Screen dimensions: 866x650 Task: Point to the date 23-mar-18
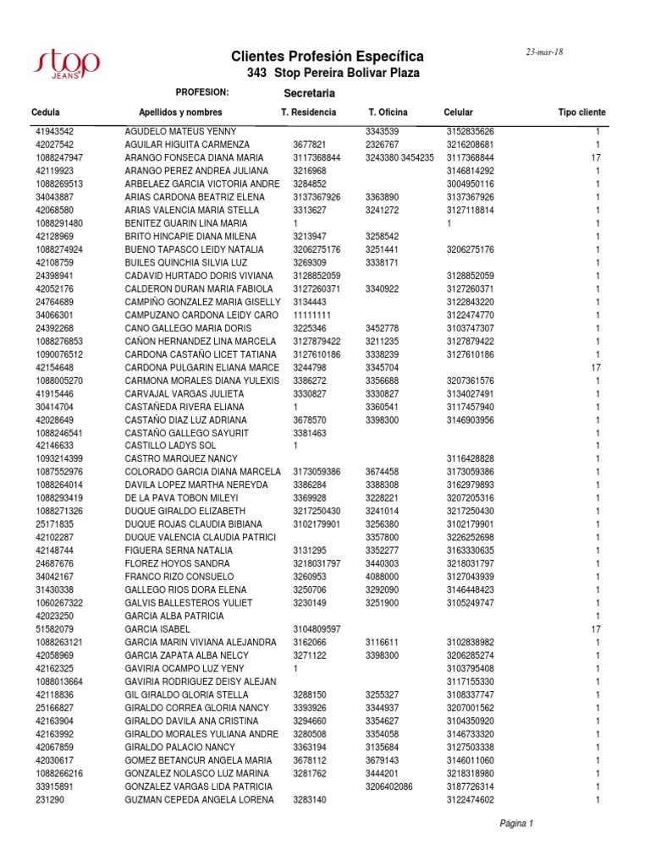[x=545, y=52]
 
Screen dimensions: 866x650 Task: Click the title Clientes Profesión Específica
[x=328, y=57]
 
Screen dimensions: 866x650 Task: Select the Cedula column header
[x=45, y=112]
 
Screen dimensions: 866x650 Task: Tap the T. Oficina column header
[x=388, y=112]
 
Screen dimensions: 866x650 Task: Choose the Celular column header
[x=458, y=112]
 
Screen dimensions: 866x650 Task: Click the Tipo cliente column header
[x=581, y=112]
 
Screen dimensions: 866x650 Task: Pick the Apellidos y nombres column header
[x=180, y=112]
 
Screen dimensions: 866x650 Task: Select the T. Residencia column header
[x=308, y=112]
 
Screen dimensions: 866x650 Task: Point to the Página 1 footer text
[x=516, y=823]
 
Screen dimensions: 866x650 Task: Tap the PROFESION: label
[x=202, y=91]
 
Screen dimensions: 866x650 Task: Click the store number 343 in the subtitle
[x=256, y=74]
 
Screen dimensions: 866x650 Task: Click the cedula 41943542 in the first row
[x=55, y=132]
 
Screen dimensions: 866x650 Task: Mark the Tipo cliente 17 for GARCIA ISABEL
[x=595, y=629]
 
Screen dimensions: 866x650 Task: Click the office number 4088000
[x=383, y=577]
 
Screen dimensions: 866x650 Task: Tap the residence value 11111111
[x=312, y=315]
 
